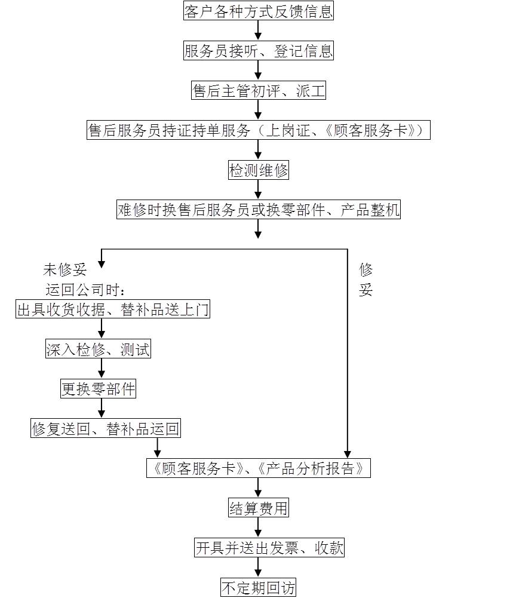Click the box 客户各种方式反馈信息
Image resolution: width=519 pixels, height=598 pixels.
pyautogui.click(x=258, y=11)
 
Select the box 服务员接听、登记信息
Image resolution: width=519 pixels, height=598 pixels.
pyautogui.click(x=258, y=51)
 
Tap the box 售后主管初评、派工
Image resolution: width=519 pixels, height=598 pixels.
pyautogui.click(x=258, y=90)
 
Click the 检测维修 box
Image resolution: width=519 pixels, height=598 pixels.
pyautogui.click(x=258, y=170)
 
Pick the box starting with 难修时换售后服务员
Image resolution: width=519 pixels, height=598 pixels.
pyautogui.click(x=258, y=210)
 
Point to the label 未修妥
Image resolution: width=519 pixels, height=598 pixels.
pyautogui.click(x=65, y=269)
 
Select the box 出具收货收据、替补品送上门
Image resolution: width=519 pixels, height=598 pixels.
pyautogui.click(x=113, y=309)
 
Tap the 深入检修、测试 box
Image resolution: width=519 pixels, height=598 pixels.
pyautogui.click(x=98, y=348)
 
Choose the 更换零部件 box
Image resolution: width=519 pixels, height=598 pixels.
pyautogui.click(x=98, y=389)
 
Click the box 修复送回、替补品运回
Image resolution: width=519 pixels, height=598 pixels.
pyautogui.click(x=105, y=428)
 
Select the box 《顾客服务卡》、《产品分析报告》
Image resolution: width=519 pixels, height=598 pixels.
pyautogui.click(x=258, y=468)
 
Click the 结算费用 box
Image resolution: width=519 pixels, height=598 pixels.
pyautogui.click(x=258, y=508)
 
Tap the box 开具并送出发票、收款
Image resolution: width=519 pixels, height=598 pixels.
pyautogui.click(x=269, y=548)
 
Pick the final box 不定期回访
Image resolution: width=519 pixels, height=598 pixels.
pyautogui.click(x=258, y=587)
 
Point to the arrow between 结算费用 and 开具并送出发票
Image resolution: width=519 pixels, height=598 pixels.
pyautogui.click(x=258, y=528)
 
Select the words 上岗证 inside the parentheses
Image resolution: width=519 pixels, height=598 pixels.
pyautogui.click(x=288, y=130)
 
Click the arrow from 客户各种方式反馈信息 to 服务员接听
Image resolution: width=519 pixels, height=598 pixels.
pyautogui.click(x=258, y=30)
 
